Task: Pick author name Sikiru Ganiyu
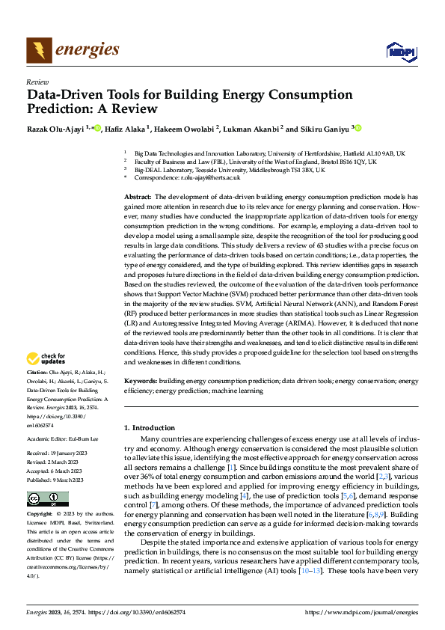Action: (324, 129)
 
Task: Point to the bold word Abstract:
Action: (138, 195)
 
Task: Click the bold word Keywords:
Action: (140, 381)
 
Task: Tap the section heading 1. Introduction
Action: (148, 427)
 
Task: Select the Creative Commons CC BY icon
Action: (47, 499)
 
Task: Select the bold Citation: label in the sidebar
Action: (37, 372)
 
